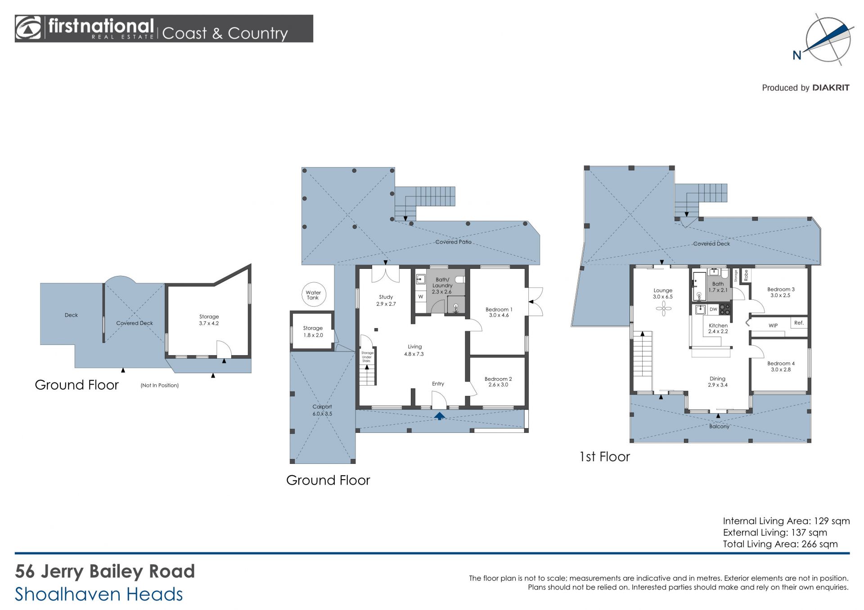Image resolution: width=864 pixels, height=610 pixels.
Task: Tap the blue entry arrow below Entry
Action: tap(440, 416)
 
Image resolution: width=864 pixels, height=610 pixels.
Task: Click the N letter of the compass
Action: tap(797, 55)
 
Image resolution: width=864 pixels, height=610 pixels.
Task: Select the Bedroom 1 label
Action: tap(499, 309)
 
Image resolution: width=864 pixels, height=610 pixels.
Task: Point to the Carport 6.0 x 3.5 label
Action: tap(322, 410)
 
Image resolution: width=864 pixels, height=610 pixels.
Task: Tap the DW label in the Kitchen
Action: tap(713, 309)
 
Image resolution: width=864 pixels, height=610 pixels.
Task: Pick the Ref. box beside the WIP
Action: tap(799, 323)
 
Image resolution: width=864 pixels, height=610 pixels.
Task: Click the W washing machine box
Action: tap(421, 297)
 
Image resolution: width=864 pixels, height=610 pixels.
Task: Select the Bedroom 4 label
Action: tap(781, 363)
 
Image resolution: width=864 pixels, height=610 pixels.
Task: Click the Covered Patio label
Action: tap(453, 242)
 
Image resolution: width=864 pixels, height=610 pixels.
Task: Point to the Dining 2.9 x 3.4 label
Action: tap(717, 382)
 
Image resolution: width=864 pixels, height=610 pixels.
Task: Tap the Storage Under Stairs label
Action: tap(367, 357)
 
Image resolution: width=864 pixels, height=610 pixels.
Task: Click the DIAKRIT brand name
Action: tap(831, 88)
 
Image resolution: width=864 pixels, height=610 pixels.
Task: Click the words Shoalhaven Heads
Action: tap(99, 594)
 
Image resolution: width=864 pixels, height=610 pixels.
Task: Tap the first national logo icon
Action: tap(28, 28)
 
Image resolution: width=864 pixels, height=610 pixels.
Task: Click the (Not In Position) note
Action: tap(160, 385)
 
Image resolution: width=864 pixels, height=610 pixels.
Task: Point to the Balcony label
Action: tap(719, 426)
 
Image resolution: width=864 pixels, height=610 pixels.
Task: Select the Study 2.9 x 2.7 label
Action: tap(386, 300)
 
